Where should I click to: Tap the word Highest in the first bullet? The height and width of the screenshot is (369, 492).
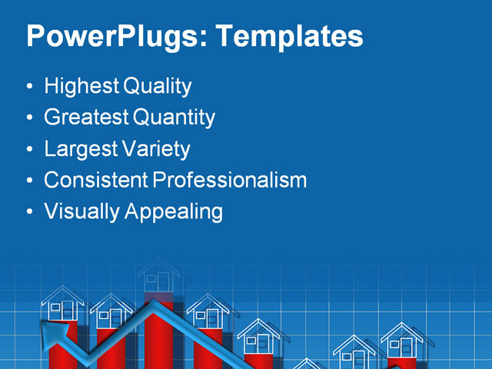click(x=79, y=86)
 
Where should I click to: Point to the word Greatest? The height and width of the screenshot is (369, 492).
click(x=86, y=118)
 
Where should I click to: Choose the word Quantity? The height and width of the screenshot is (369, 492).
click(x=175, y=118)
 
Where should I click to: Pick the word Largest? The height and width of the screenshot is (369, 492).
click(x=80, y=148)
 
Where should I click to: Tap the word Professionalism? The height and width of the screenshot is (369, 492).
click(x=230, y=180)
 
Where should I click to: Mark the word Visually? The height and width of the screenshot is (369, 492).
click(x=79, y=211)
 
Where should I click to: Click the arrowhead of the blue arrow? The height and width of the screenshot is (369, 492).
click(x=52, y=331)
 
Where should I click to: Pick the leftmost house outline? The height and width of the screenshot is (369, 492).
click(x=62, y=304)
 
